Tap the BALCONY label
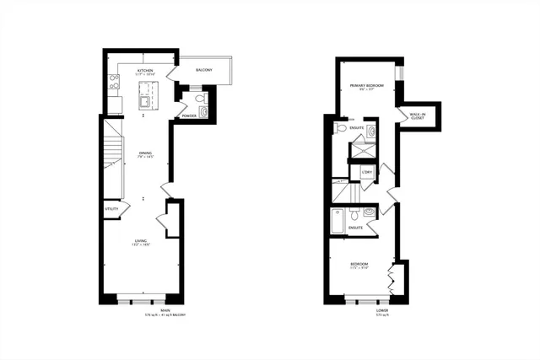click(205, 70)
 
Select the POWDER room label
click(188, 116)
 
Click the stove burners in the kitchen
click(113, 83)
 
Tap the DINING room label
click(145, 153)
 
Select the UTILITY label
click(111, 207)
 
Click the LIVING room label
click(141, 242)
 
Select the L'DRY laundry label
click(367, 174)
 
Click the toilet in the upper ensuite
click(340, 128)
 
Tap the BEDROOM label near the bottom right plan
click(359, 265)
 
